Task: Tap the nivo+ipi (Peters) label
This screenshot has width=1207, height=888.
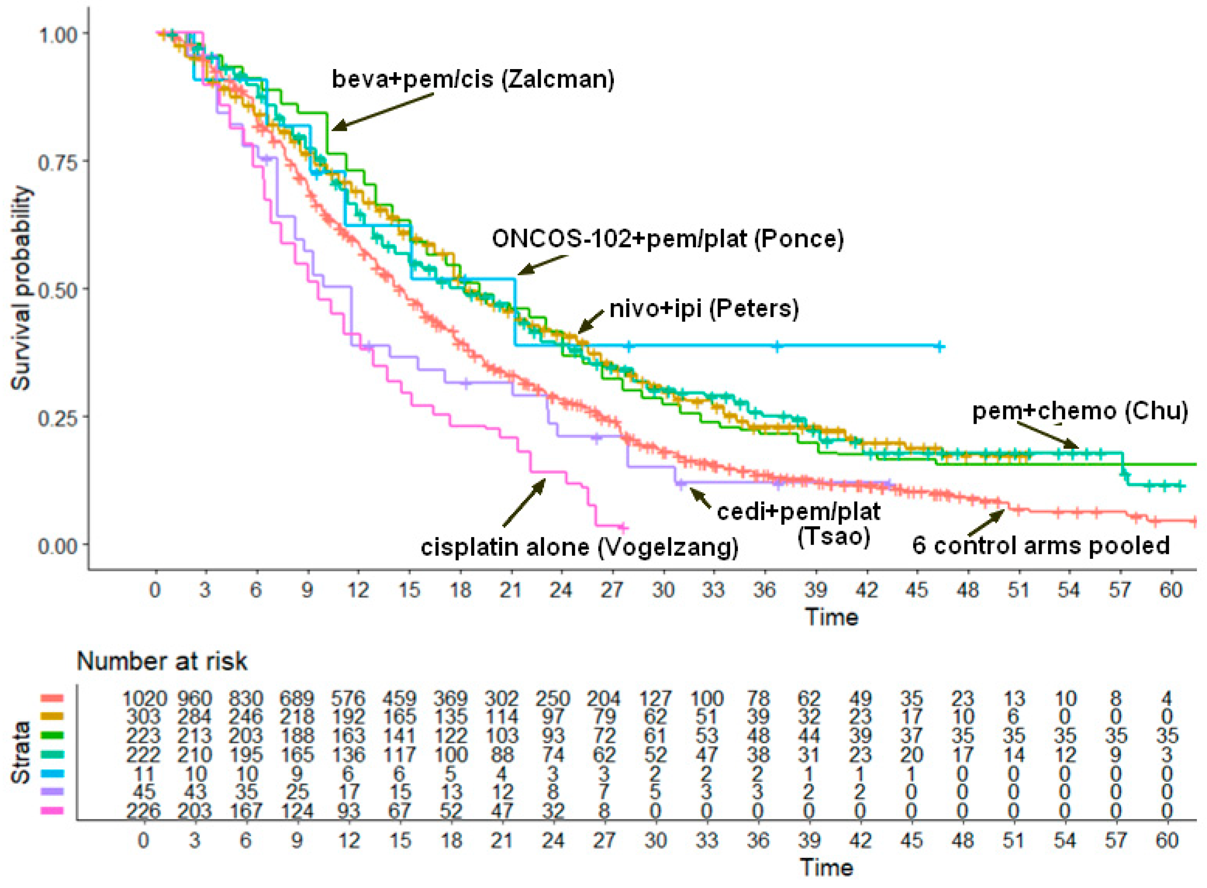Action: [704, 309]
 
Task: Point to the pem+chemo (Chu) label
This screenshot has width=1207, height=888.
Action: [1080, 411]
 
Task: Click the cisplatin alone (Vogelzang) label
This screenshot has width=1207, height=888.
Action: [579, 548]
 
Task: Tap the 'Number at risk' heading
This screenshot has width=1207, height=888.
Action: [162, 661]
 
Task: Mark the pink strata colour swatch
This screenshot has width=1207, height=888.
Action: [52, 811]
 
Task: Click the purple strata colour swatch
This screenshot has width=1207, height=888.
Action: [52, 791]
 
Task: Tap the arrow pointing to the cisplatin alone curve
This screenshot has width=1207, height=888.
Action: [524, 502]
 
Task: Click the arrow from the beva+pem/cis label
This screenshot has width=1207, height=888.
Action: [383, 112]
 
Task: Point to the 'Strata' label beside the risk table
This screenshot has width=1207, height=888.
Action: [22, 753]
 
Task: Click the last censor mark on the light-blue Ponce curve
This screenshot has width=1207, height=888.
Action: [939, 347]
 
